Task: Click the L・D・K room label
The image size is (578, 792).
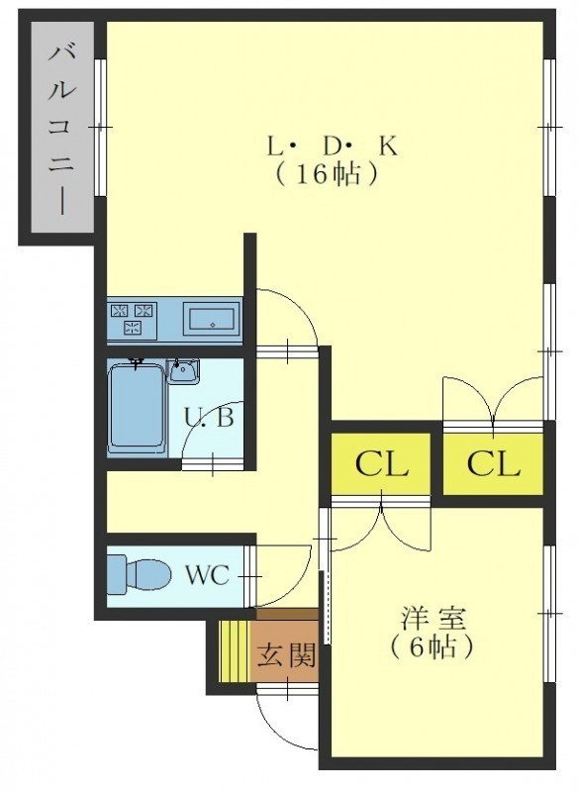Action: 333,147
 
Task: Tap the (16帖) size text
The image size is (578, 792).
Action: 326,174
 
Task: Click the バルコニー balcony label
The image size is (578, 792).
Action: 62,130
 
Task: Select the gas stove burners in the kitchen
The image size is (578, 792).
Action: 133,320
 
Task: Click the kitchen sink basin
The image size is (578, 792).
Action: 212,320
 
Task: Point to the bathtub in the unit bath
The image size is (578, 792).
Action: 138,406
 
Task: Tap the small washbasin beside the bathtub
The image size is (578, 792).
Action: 183,371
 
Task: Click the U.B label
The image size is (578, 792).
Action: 209,417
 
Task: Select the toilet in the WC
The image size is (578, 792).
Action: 139,574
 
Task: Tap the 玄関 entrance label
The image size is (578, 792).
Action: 286,655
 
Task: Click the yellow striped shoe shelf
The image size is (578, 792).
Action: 235,650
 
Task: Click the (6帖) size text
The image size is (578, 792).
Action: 433,646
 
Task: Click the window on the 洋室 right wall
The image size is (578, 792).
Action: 549,613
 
